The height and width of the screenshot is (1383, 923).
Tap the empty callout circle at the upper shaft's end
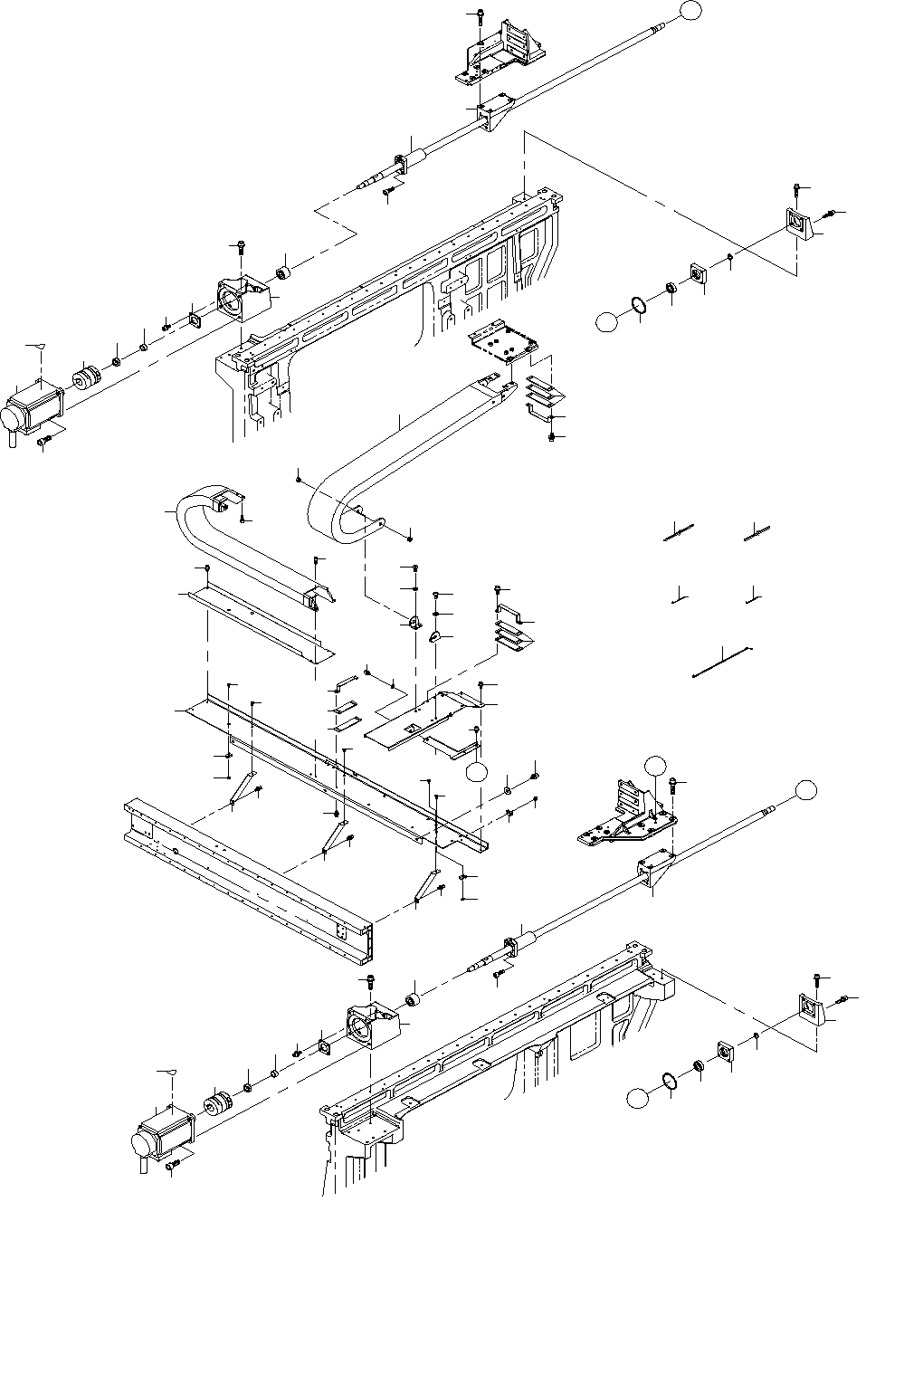point(690,11)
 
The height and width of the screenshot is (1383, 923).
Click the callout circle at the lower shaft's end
point(806,790)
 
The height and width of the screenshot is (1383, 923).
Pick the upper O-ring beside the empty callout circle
point(639,308)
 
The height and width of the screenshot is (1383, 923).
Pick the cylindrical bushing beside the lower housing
point(413,999)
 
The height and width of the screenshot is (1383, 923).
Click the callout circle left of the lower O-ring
point(639,1098)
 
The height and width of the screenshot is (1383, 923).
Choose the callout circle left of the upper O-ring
point(607,320)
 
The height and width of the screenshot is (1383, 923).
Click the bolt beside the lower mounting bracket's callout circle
point(674,783)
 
